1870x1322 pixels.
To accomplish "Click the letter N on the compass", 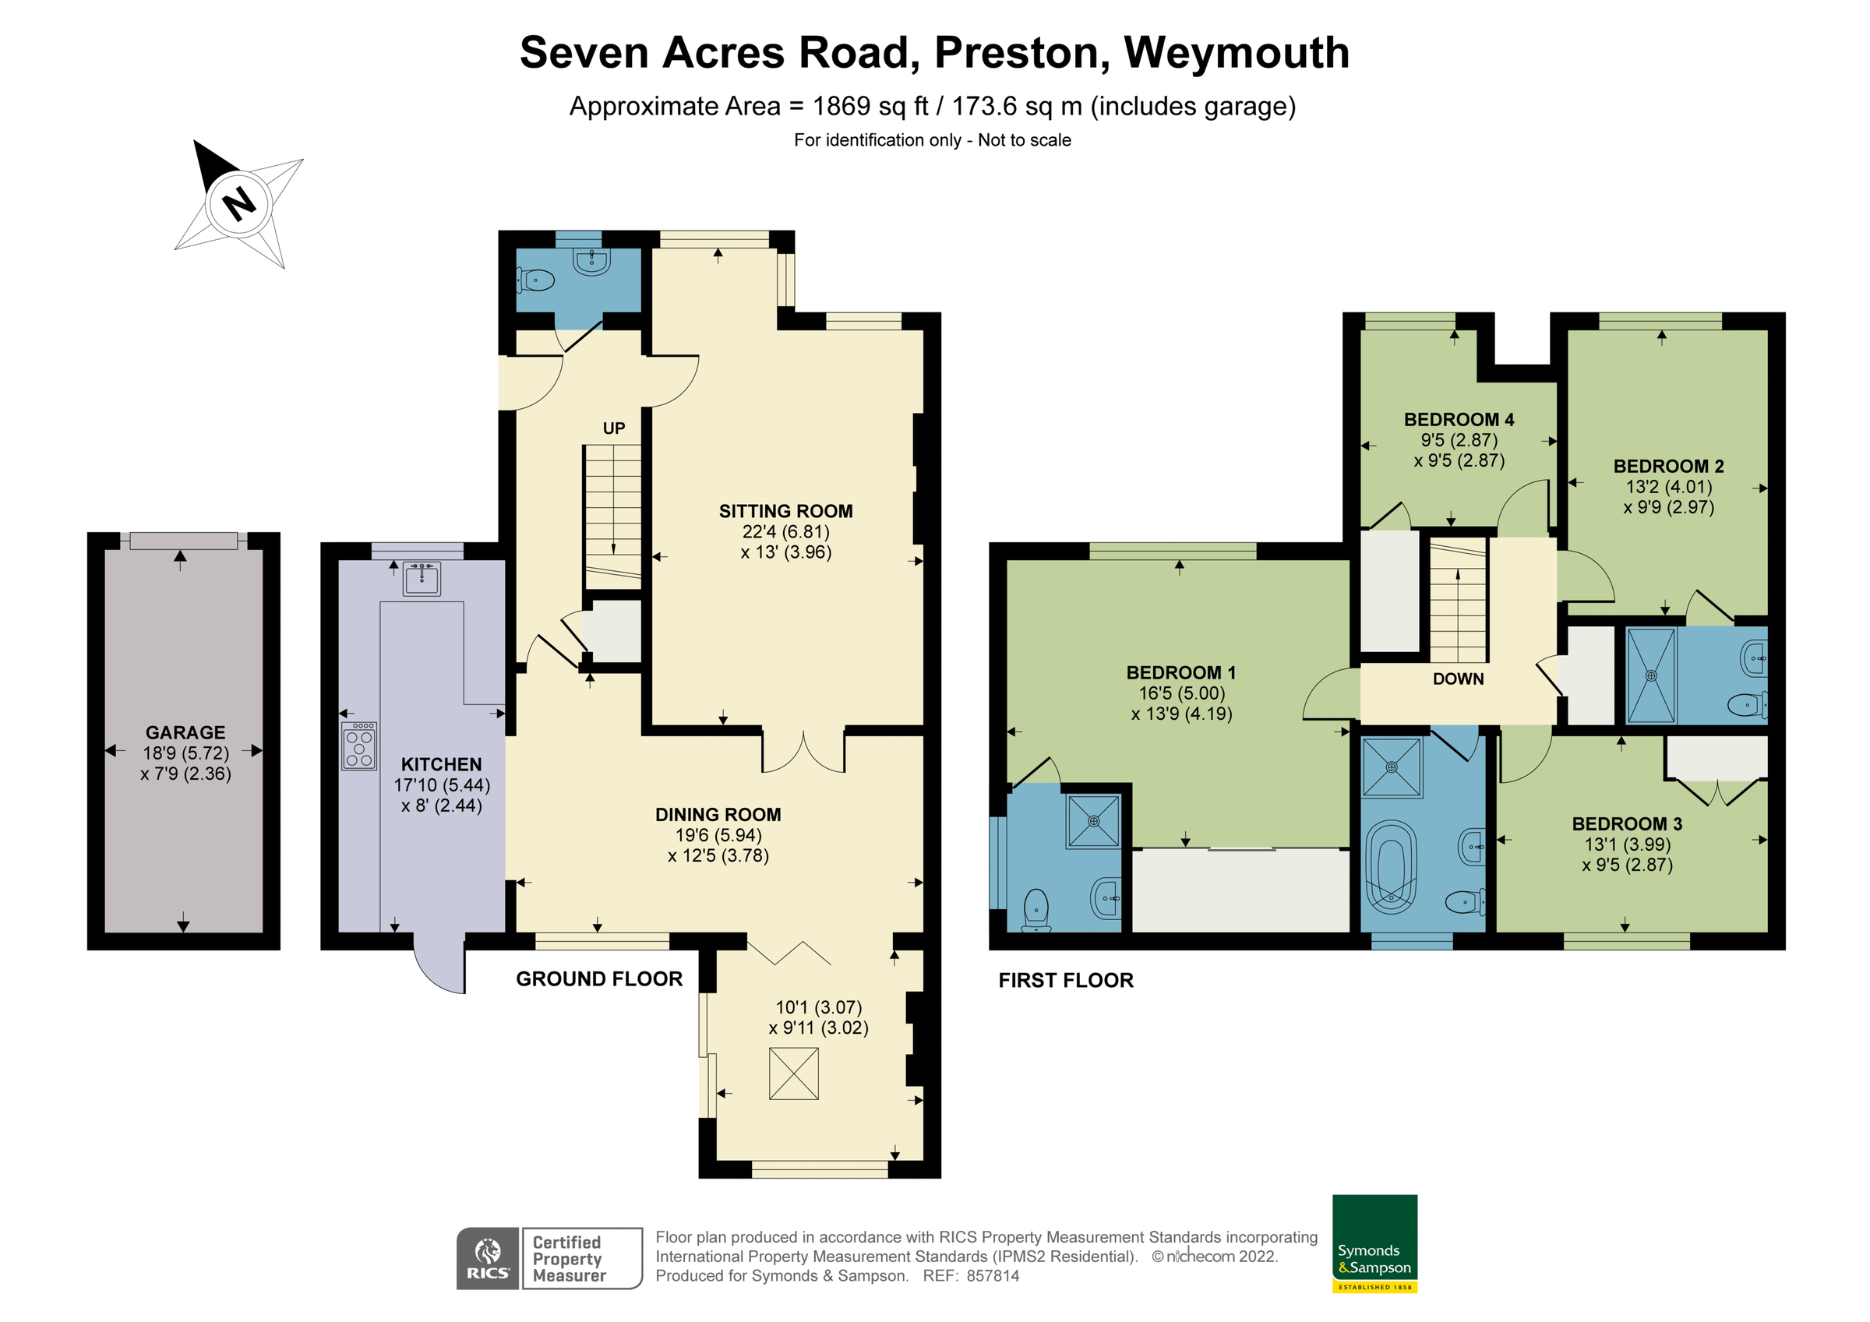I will (x=238, y=203).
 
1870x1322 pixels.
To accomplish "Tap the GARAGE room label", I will (x=185, y=732).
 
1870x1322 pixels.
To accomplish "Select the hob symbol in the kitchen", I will (x=359, y=746).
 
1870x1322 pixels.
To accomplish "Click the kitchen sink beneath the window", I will (x=422, y=578).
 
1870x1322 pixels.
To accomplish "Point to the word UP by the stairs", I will (x=613, y=428).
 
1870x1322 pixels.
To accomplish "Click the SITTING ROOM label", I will (x=785, y=511).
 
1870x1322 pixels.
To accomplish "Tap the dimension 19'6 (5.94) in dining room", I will (x=718, y=835).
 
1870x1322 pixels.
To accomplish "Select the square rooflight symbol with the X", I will (x=793, y=1073).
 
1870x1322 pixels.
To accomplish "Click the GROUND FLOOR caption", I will (x=598, y=978).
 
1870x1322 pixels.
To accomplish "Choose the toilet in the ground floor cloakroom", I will (x=535, y=281).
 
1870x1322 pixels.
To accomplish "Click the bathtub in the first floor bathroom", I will (x=1391, y=867).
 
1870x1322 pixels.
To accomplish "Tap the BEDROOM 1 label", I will (x=1180, y=672).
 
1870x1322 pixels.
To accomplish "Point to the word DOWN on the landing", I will (x=1458, y=679).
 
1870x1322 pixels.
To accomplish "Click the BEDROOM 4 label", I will (x=1458, y=419).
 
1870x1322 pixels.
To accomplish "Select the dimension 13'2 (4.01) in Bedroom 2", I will (x=1668, y=487).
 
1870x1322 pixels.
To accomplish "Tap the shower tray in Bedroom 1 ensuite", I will (x=1093, y=821).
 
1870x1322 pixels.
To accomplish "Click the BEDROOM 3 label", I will (x=1626, y=823).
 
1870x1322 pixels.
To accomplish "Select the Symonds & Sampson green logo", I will (x=1374, y=1243).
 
